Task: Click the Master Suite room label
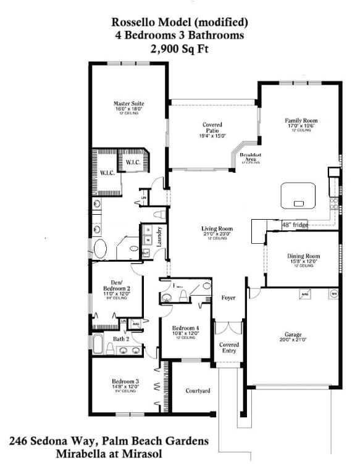click(129, 104)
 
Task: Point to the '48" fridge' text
click(295, 225)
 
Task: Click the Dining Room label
click(303, 256)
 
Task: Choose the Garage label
click(293, 333)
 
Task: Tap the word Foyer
click(228, 298)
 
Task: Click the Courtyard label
click(198, 391)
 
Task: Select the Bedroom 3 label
click(125, 382)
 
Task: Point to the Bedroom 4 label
click(185, 328)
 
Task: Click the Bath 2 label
click(121, 339)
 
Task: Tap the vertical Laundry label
click(159, 236)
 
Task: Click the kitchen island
click(299, 196)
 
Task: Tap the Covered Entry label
click(228, 348)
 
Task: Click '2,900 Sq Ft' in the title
click(180, 48)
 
